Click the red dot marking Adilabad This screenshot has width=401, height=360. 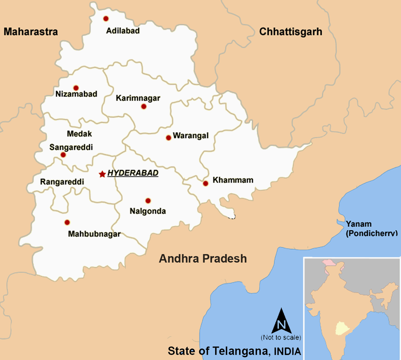(106, 19)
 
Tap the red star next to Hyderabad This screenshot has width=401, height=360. (102, 174)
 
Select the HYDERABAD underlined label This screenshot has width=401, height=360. (133, 173)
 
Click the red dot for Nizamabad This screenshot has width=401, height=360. (76, 88)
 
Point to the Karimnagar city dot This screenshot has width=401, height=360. (144, 107)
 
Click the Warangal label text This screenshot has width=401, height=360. (191, 136)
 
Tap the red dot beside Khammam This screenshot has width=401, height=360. (206, 183)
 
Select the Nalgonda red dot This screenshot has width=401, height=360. (148, 201)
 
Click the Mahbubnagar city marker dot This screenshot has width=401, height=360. (67, 222)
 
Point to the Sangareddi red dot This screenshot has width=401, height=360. (63, 155)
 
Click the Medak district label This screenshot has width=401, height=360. (79, 134)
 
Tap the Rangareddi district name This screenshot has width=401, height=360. (62, 182)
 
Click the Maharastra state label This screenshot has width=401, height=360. (31, 32)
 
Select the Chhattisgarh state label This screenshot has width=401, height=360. (291, 32)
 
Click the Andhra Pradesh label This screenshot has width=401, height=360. (203, 259)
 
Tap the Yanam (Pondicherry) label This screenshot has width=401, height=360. (371, 229)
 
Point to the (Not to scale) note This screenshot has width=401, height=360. (281, 337)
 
